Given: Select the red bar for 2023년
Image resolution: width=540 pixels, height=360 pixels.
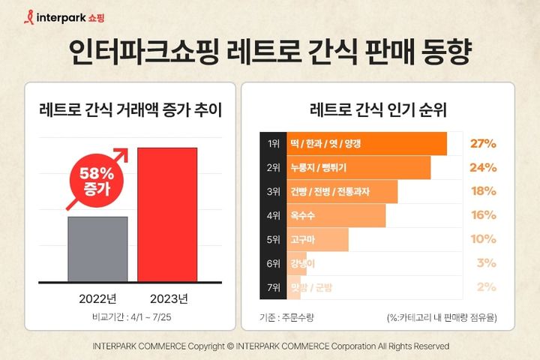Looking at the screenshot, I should tap(166, 214).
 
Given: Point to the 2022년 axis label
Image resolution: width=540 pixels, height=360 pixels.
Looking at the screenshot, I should tap(98, 298).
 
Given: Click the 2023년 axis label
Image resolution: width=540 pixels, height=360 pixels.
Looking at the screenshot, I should tap(166, 298).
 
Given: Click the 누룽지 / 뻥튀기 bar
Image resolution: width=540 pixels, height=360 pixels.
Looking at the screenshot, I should tap(358, 168).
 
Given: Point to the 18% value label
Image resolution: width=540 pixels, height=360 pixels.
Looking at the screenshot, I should tap(483, 191).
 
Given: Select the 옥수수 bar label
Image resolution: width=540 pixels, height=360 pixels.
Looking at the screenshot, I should tap(301, 215).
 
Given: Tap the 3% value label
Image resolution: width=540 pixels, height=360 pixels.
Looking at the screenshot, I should tap(486, 263).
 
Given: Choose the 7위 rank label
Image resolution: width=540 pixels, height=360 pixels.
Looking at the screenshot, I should tap(271, 287).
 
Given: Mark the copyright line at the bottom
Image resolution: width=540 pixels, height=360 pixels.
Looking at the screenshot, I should tap(270, 346).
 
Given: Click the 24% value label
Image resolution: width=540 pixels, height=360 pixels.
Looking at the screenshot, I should tap(483, 168).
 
